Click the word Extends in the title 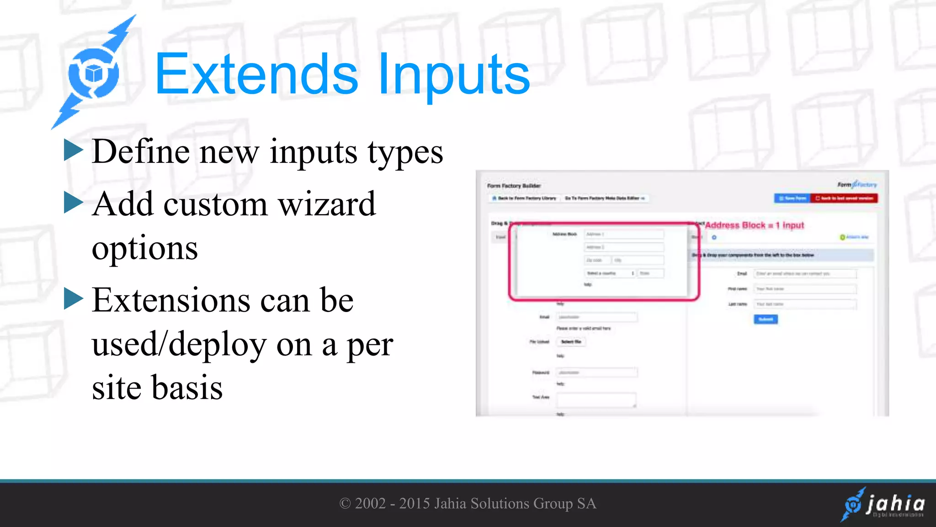(256, 75)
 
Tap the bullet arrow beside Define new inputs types (73, 150)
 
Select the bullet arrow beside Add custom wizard (73, 203)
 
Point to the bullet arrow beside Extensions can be (73, 299)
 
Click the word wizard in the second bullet (327, 204)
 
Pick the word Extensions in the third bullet (171, 301)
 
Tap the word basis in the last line (187, 387)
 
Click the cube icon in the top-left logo (94, 73)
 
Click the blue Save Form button (792, 198)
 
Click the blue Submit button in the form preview (766, 319)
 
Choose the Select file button (571, 342)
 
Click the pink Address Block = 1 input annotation (754, 225)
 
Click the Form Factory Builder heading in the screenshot (514, 186)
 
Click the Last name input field (804, 304)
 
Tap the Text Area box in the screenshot (596, 399)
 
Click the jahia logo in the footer (883, 505)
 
